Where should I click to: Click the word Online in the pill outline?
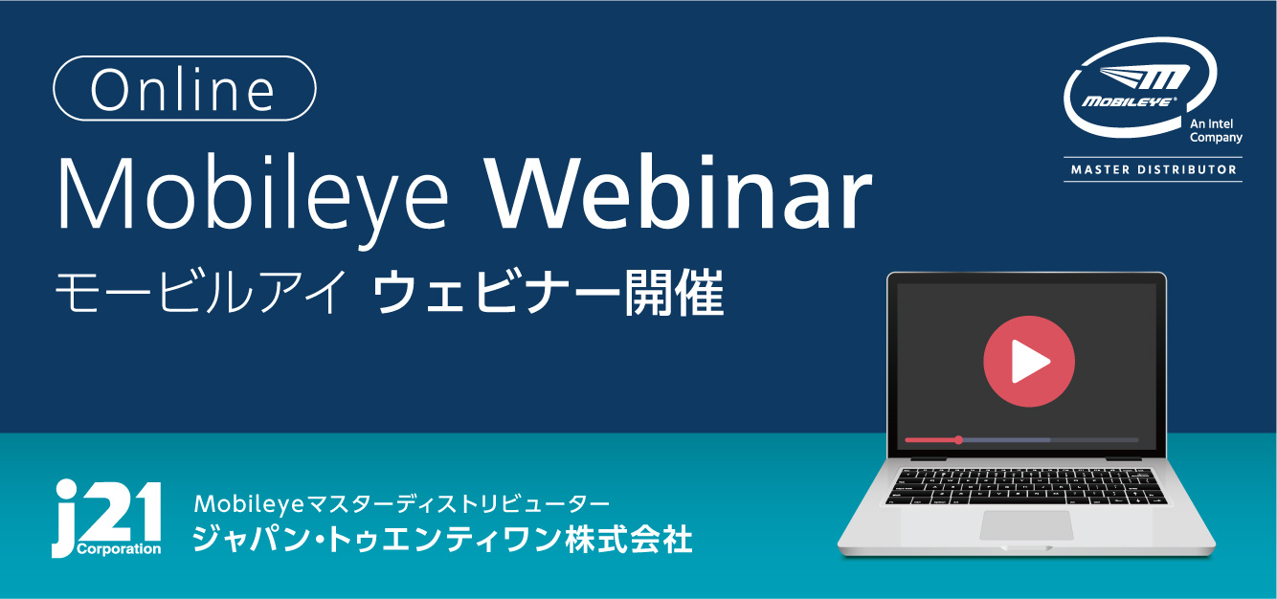tap(183, 90)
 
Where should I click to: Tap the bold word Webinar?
tap(679, 192)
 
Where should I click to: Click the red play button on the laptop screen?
tap(1029, 362)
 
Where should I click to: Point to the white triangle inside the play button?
tap(1028, 362)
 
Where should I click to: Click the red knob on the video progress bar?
tap(959, 440)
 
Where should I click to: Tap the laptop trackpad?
tap(1026, 525)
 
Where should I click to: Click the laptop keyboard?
tap(1026, 486)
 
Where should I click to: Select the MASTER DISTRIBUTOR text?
tap(1154, 169)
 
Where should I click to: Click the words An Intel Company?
tap(1216, 130)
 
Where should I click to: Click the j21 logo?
tap(106, 518)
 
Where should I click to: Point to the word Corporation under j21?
tap(119, 549)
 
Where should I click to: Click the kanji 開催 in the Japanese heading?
tap(674, 294)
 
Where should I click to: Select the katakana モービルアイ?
tap(201, 294)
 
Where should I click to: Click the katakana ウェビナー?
tap(497, 294)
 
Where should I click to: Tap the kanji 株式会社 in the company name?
tap(629, 539)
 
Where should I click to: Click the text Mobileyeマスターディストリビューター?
tap(402, 504)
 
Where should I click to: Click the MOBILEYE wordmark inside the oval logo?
tap(1129, 101)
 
